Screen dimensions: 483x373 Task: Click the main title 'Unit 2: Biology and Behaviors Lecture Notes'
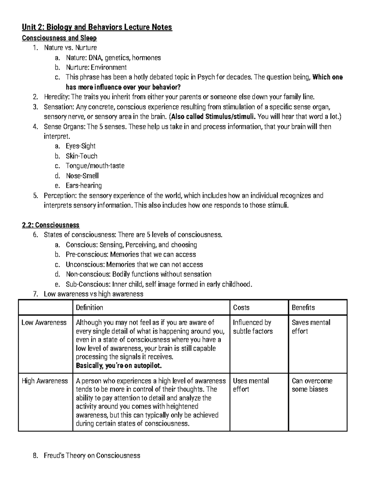click(97, 27)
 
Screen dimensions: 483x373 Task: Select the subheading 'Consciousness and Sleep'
click(59, 38)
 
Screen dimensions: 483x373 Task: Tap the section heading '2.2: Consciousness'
click(51, 225)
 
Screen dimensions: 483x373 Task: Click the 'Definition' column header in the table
click(89, 308)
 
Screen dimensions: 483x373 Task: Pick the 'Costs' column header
click(241, 308)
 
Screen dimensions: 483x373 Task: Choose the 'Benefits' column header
click(303, 308)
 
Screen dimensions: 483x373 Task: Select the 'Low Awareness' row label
click(44, 323)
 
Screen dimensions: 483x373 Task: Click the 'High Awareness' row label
click(44, 381)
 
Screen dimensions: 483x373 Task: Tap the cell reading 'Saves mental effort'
click(311, 327)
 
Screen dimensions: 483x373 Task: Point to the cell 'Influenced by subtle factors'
click(252, 327)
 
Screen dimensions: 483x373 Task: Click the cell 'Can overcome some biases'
click(312, 385)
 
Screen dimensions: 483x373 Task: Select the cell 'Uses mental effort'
click(251, 385)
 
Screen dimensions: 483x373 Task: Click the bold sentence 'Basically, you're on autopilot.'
click(119, 366)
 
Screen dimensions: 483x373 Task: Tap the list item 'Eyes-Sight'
click(81, 146)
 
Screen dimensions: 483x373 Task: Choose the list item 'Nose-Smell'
click(82, 176)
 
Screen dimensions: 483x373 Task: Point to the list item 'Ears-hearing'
click(84, 186)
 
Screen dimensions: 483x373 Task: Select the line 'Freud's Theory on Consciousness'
click(92, 456)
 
